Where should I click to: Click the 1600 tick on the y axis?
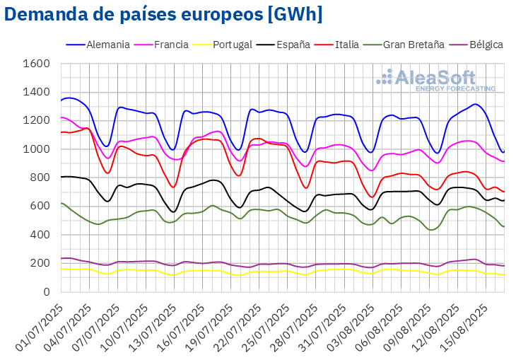click(36, 64)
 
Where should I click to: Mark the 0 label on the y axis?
click(45, 291)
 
